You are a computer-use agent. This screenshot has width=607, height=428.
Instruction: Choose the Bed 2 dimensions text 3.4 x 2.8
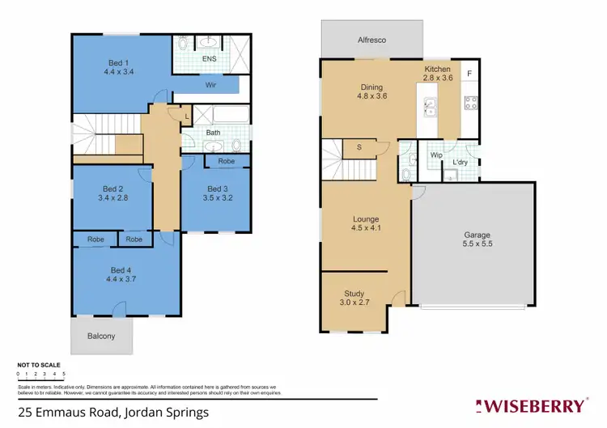(113, 197)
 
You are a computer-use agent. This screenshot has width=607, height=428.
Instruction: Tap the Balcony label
(101, 336)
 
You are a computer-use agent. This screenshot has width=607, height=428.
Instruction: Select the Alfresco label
(371, 39)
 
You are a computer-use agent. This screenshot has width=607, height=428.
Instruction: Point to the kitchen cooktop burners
(469, 103)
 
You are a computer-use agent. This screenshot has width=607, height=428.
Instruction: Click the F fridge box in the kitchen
(469, 74)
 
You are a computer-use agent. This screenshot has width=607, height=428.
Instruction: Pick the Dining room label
(371, 87)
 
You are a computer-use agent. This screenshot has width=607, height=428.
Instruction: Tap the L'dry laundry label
(460, 163)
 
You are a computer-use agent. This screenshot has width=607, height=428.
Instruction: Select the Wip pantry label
(435, 155)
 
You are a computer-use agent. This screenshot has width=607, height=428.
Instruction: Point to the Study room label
(354, 294)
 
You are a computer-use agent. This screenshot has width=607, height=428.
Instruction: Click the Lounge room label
(366, 219)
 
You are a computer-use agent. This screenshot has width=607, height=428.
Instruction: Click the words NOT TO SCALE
(34, 365)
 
